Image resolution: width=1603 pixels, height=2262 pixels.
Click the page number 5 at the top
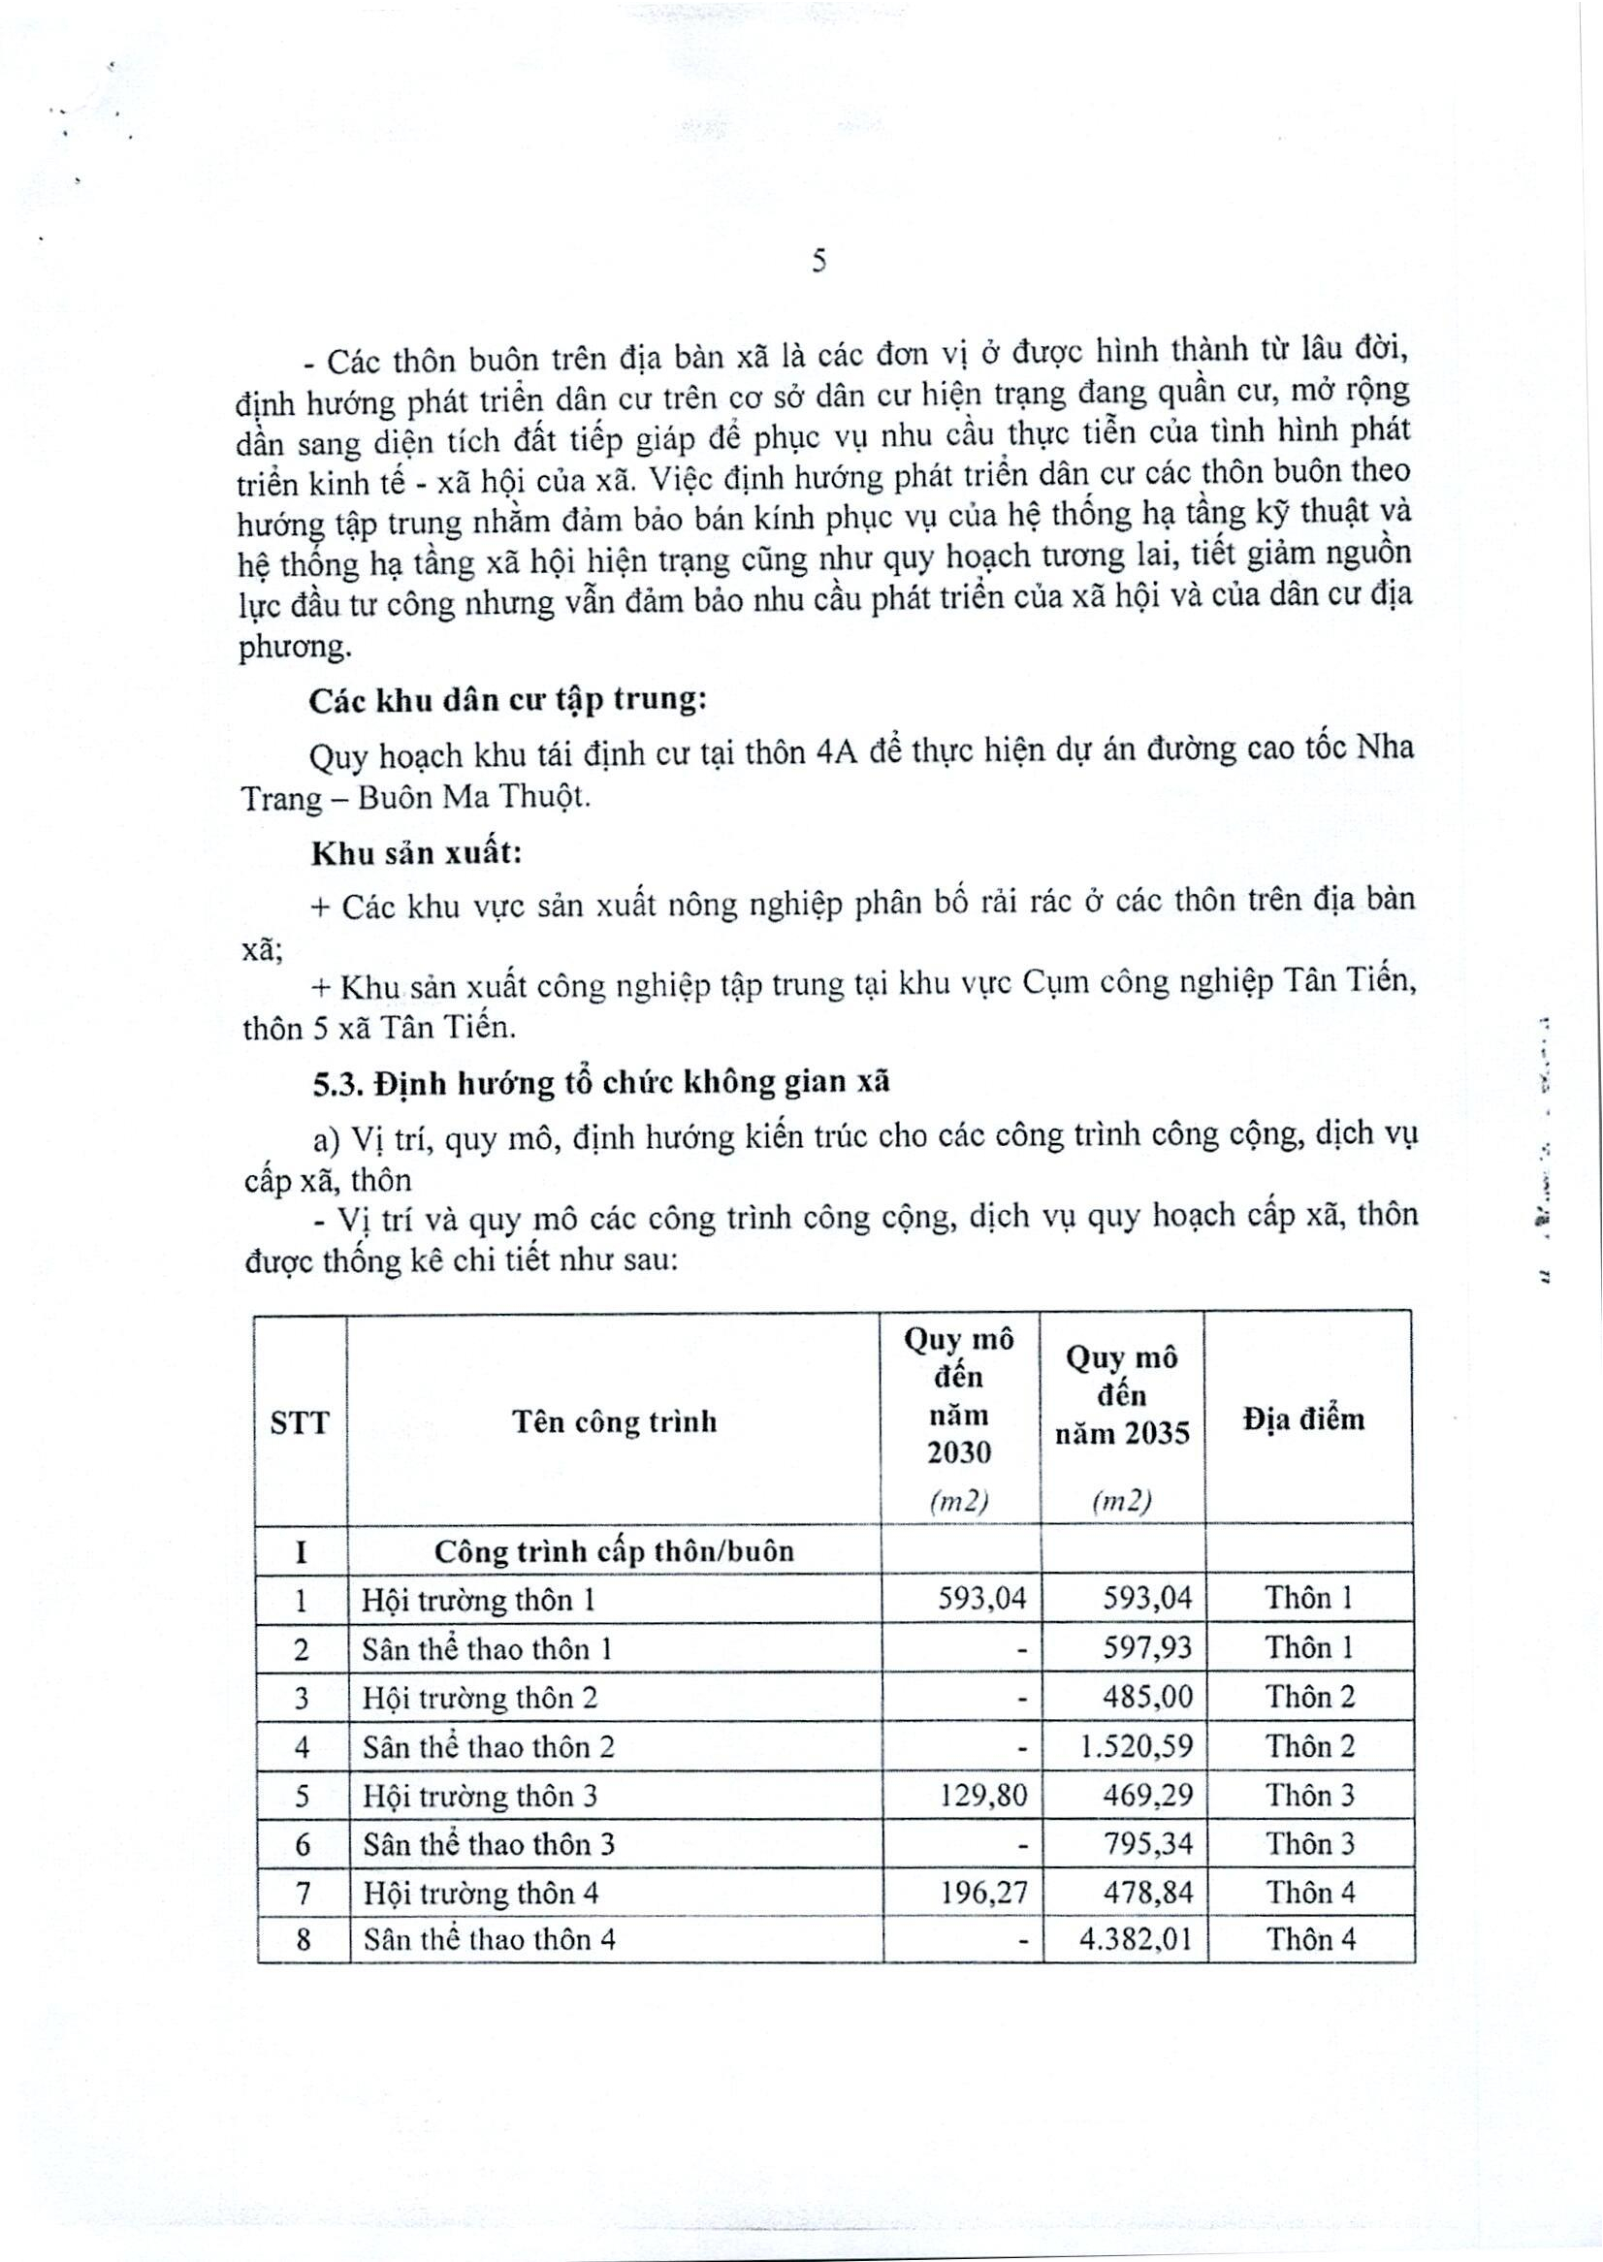(x=818, y=262)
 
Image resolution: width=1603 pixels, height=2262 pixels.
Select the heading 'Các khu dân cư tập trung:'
(x=507, y=700)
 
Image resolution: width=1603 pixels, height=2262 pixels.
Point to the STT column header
(x=299, y=1423)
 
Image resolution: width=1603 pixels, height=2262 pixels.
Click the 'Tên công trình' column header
(x=614, y=1421)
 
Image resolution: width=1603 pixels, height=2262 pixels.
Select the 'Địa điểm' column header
(x=1304, y=1419)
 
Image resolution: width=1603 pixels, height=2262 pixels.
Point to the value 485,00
(x=1148, y=1698)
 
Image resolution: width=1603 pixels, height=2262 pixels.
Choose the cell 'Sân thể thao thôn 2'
(x=489, y=1748)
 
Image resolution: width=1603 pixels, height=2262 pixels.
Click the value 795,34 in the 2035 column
(x=1148, y=1843)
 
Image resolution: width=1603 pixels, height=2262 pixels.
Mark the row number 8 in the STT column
(x=303, y=1941)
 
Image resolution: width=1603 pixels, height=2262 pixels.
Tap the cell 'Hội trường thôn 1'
(x=479, y=1600)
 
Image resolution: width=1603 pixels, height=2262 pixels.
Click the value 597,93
(x=1148, y=1648)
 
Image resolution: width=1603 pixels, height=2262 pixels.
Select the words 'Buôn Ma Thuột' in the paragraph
(x=459, y=797)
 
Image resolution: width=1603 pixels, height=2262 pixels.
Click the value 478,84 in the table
(x=1148, y=1892)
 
